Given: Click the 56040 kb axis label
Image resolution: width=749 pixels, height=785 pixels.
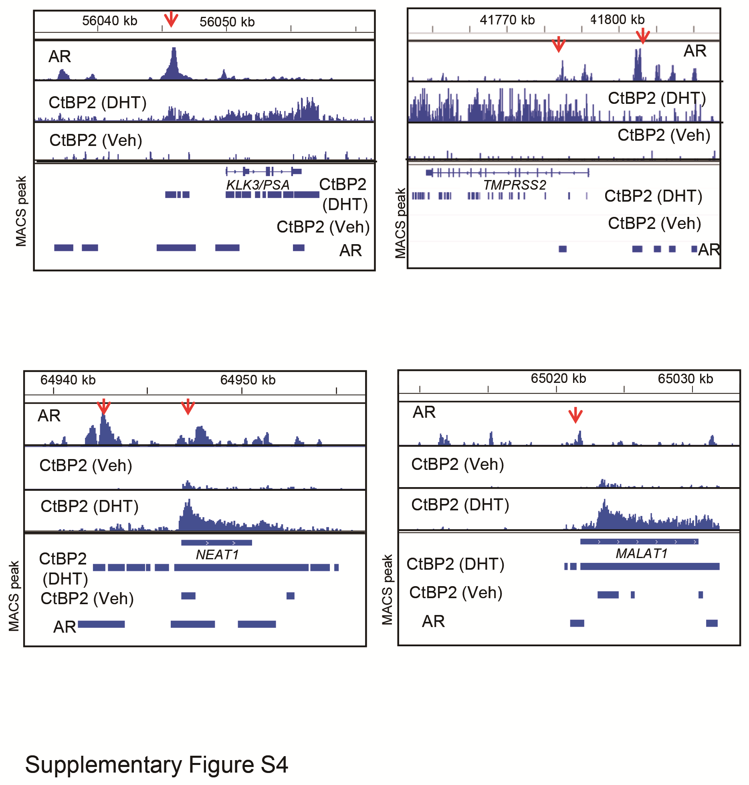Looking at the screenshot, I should (109, 21).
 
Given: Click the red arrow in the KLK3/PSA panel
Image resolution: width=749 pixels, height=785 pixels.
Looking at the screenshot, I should (171, 19).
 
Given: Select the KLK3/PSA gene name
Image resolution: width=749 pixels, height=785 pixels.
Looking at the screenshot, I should (258, 185).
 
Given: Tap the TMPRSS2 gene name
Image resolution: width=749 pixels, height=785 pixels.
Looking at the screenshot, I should (515, 185).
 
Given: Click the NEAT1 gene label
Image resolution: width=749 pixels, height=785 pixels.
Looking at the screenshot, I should (217, 554).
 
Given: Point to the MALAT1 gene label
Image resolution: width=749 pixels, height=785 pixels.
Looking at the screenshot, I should (642, 553).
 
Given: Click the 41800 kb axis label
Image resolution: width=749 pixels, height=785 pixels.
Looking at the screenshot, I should (617, 19).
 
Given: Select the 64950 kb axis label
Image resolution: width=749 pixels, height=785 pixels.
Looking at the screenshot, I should (248, 380).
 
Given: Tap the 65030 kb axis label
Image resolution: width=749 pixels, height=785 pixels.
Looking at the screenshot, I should (685, 378).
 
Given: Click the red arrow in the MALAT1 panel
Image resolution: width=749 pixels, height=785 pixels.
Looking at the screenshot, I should (575, 415).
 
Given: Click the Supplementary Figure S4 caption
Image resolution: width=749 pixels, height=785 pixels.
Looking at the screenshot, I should (156, 764).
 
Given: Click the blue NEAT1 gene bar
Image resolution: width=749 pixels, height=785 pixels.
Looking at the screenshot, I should (216, 542).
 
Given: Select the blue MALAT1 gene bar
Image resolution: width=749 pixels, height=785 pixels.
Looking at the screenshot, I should (639, 542).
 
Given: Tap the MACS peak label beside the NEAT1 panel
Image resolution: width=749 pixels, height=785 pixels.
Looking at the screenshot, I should (14, 596).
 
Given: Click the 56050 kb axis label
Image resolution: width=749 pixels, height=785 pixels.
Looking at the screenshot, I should (227, 22).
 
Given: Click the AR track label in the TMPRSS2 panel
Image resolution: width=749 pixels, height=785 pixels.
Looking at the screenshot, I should (695, 51).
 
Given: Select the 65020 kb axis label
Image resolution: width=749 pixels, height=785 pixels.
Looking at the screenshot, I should (558, 378).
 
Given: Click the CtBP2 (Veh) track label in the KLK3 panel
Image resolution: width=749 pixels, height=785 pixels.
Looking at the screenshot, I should (95, 140).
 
